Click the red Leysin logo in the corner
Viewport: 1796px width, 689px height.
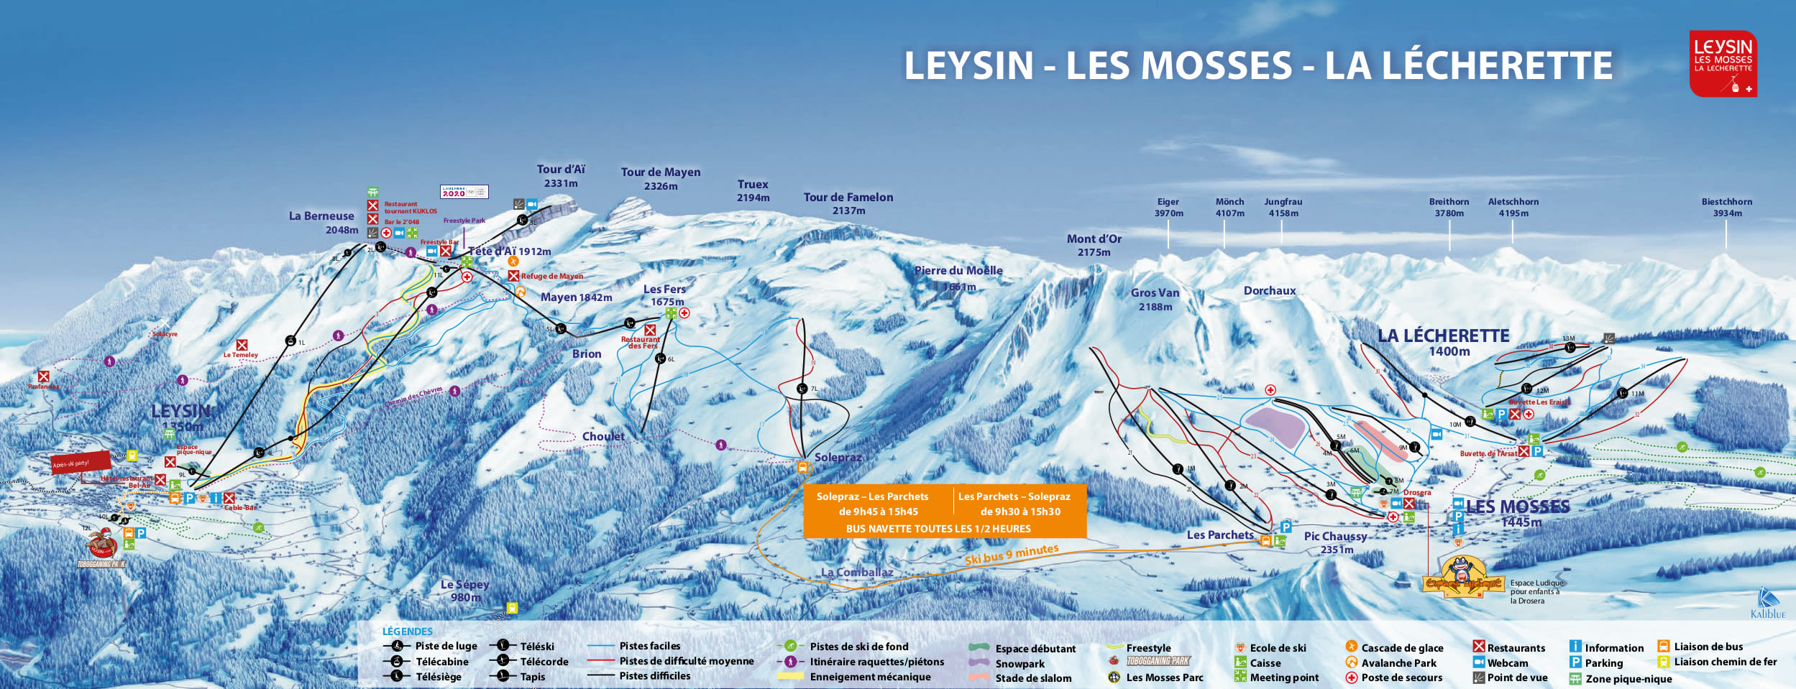pyautogui.click(x=1723, y=63)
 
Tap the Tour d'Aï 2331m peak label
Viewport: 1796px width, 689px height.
pyautogui.click(x=561, y=176)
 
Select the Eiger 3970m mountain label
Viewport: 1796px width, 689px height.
pyautogui.click(x=1168, y=208)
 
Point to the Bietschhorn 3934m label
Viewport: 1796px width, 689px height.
pyautogui.click(x=1726, y=208)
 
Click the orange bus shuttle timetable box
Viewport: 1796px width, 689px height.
pyautogui.click(x=944, y=512)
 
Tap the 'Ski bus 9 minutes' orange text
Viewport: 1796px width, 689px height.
pyautogui.click(x=1011, y=554)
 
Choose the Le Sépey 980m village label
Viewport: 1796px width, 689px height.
pyautogui.click(x=464, y=591)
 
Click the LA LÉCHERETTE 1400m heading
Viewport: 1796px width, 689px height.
pyautogui.click(x=1443, y=342)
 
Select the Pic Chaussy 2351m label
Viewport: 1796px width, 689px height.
pyautogui.click(x=1335, y=542)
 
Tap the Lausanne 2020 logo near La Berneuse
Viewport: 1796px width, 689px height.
pyautogui.click(x=464, y=192)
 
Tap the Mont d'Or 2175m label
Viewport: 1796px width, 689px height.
pyautogui.click(x=1094, y=245)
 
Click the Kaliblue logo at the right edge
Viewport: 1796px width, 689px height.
pyautogui.click(x=1768, y=604)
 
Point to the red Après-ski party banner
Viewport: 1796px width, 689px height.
pyautogui.click(x=81, y=462)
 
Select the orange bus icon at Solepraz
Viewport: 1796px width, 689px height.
pyautogui.click(x=802, y=468)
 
